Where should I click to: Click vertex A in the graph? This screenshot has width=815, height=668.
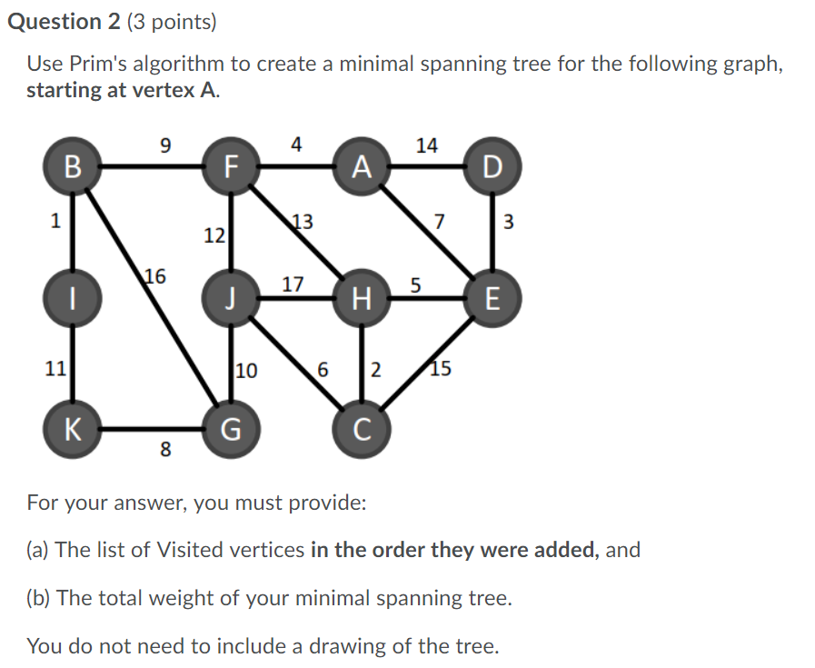pos(363,166)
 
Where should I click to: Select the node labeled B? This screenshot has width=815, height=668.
pos(73,166)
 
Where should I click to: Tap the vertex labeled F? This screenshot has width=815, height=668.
pos(231,166)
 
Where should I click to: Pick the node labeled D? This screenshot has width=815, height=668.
pos(492,166)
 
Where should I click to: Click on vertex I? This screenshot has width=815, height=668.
pos(73,297)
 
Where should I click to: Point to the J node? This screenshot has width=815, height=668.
pos(231,297)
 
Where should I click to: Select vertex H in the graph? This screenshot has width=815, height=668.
pos(363,297)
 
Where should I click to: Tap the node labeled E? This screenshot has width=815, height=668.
pos(492,297)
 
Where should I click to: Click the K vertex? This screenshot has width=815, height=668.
pos(73,427)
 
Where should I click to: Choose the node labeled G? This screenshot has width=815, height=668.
pos(231,427)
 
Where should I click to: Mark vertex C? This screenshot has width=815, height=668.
pos(363,427)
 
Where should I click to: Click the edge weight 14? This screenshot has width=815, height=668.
pos(426,145)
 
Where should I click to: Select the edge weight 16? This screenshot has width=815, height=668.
pos(155,276)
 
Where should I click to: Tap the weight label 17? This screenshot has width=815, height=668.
pos(292,284)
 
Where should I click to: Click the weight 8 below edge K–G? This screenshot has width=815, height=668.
pos(164,449)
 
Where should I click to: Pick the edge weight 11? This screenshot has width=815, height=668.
pos(55,368)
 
